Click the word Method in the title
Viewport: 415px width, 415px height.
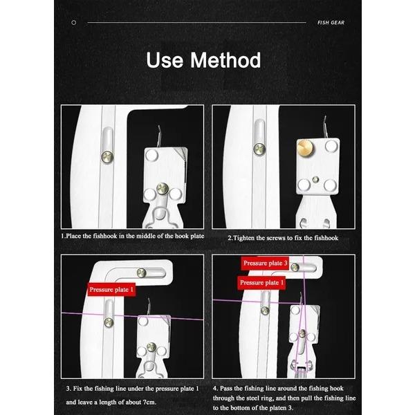[x=226, y=60]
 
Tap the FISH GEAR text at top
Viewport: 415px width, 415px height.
[x=331, y=22]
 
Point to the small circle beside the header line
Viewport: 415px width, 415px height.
[x=74, y=22]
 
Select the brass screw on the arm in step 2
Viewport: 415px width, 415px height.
[x=259, y=147]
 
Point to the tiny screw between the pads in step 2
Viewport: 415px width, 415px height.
[x=315, y=180]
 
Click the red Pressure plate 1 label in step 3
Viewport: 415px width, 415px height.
[x=111, y=288]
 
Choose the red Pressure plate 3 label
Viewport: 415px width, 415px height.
[x=265, y=264]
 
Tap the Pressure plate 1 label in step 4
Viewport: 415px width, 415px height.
[x=262, y=283]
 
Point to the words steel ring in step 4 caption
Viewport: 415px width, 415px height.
[x=275, y=398]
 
